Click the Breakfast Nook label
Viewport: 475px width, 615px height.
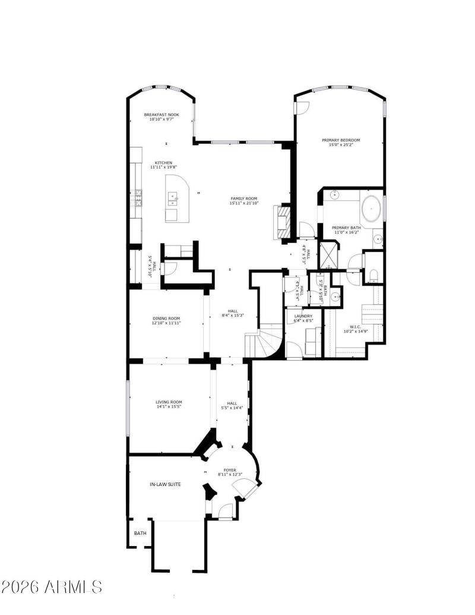[161, 115]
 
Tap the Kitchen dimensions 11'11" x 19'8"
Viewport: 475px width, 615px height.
[163, 168]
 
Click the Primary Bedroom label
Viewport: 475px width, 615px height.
[341, 140]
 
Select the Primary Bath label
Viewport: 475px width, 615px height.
[346, 228]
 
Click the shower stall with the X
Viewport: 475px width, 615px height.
[328, 254]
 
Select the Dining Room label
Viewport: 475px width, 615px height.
[166, 318]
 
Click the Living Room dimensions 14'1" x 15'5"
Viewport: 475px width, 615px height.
[168, 407]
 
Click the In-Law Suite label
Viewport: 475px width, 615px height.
[165, 484]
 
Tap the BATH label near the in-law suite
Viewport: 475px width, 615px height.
[140, 533]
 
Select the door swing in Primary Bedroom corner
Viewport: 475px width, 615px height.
[302, 107]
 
